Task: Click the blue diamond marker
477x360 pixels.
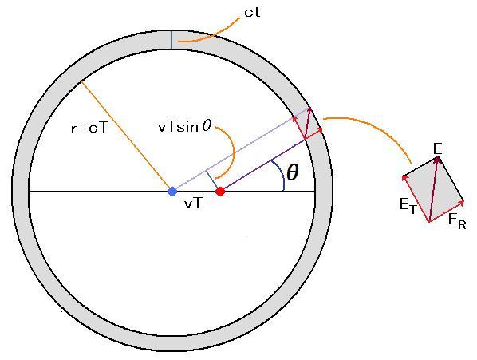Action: point(172,192)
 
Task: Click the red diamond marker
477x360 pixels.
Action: point(220,192)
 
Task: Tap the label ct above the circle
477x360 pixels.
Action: point(252,13)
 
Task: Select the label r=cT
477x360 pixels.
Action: point(89,128)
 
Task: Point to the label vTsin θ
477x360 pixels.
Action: point(184,126)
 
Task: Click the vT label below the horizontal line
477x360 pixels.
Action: point(193,204)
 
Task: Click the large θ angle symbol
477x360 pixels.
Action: point(293,172)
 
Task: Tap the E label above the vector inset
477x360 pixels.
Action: point(437,149)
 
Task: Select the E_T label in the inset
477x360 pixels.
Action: point(408,206)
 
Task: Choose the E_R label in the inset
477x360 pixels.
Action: point(457,221)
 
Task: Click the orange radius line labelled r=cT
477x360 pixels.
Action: point(126,136)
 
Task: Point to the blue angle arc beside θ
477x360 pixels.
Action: point(280,174)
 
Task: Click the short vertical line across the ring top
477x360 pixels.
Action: point(171,40)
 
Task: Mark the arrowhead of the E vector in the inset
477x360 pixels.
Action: point(438,159)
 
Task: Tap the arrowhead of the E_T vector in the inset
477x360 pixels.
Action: point(404,177)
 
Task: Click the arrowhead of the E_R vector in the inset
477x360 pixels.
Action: point(462,202)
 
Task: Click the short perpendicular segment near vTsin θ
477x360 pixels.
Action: point(212,180)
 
